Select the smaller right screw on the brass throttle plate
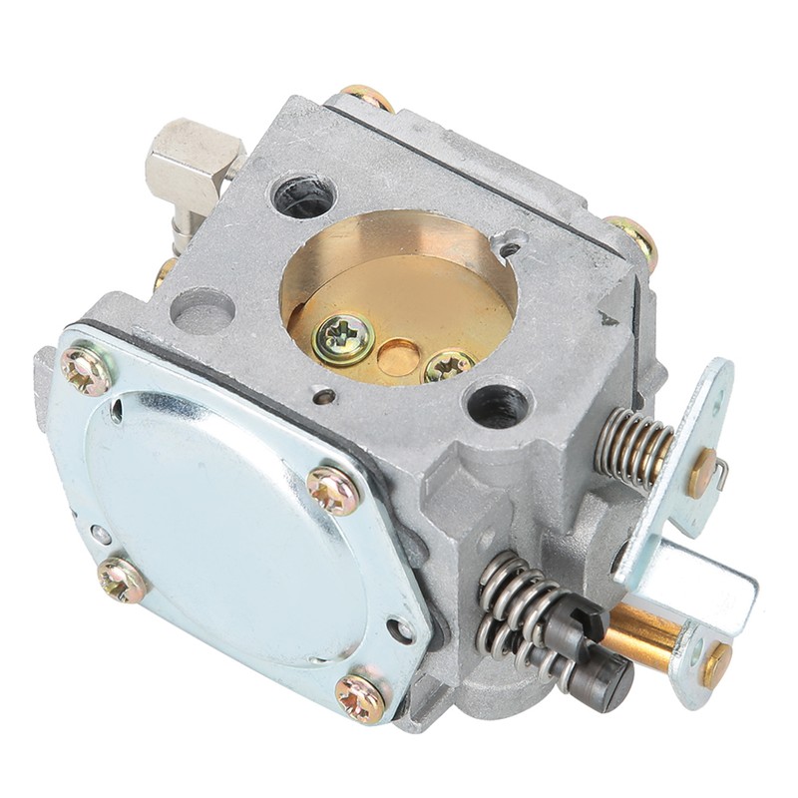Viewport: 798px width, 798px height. (448, 367)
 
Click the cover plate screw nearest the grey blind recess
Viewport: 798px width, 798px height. (86, 370)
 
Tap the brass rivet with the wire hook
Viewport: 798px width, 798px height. (704, 472)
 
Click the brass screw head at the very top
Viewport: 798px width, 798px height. (368, 97)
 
